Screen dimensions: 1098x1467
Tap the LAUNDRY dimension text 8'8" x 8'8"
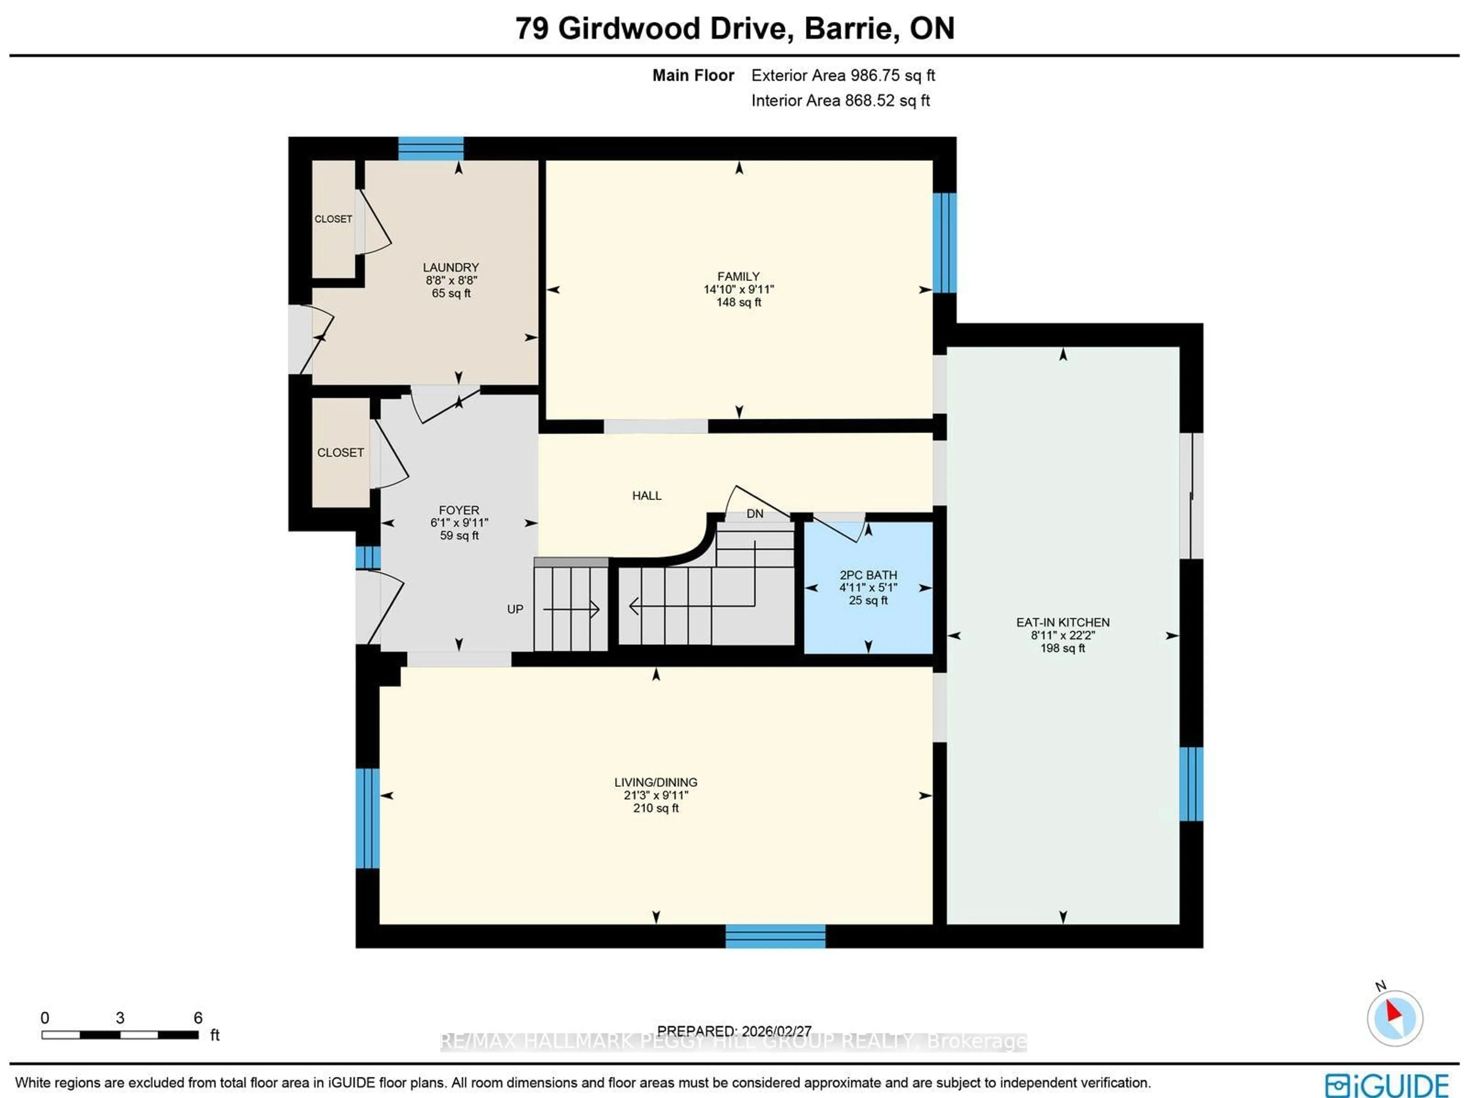[x=451, y=280]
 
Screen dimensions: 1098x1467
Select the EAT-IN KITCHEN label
[x=1062, y=622]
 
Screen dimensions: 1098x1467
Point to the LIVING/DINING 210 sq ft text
[x=656, y=808]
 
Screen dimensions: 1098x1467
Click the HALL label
[x=647, y=495]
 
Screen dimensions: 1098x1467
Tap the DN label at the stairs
[x=755, y=513]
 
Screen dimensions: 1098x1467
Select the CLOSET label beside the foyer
[x=340, y=452]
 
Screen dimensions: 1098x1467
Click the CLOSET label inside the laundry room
[x=333, y=219]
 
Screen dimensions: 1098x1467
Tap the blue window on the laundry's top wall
[x=431, y=149]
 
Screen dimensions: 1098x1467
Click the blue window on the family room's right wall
[x=944, y=242]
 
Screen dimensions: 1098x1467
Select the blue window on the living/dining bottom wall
[x=775, y=936]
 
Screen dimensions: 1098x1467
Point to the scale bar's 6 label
[x=198, y=1018]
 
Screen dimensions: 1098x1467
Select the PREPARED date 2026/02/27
[x=734, y=1031]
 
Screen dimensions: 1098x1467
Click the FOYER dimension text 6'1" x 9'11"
[x=459, y=522]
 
